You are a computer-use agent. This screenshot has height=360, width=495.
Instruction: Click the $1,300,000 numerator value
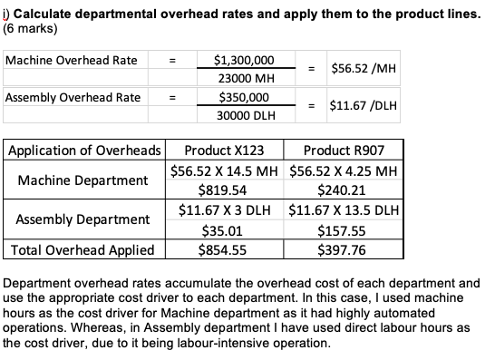point(243,60)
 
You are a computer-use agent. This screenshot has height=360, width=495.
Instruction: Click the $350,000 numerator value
point(243,97)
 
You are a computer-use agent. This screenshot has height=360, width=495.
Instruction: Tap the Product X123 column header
point(223,151)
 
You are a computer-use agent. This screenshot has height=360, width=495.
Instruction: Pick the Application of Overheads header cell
point(84,151)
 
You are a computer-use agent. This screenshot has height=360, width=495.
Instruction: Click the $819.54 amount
point(223,190)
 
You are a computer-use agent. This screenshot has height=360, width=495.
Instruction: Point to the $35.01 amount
point(223,230)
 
